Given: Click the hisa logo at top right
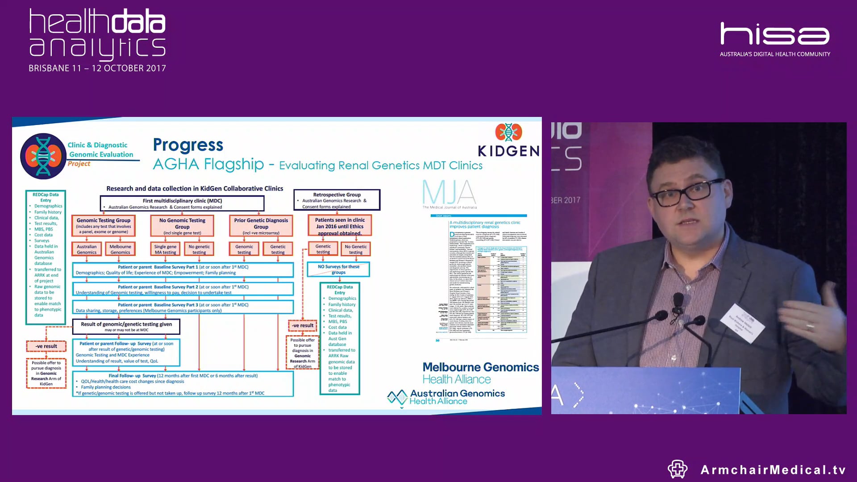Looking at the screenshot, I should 775,34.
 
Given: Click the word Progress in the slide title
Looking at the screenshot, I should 188,145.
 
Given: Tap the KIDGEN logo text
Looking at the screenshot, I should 508,151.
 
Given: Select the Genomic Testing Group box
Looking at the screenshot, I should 104,226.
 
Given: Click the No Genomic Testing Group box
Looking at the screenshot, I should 182,226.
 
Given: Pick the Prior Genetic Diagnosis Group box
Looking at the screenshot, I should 261,226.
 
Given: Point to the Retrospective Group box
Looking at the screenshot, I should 337,200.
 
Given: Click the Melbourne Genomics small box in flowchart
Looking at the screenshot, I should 121,249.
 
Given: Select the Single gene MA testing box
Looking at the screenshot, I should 165,249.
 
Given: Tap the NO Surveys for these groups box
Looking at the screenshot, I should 338,269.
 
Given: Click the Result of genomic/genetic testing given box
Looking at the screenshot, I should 126,326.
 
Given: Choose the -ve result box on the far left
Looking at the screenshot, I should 46,346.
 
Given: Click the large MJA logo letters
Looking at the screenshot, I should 449,192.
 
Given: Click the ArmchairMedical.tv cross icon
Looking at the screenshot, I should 677,469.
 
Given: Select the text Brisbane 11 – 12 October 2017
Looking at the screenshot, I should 97,68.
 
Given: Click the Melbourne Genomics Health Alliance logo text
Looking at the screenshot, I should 480,373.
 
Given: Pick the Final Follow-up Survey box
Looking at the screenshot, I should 183,384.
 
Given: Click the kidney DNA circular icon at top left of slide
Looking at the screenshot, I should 43,156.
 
